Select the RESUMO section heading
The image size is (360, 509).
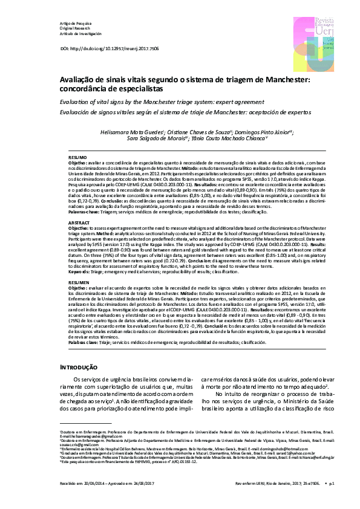coord(77,156)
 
